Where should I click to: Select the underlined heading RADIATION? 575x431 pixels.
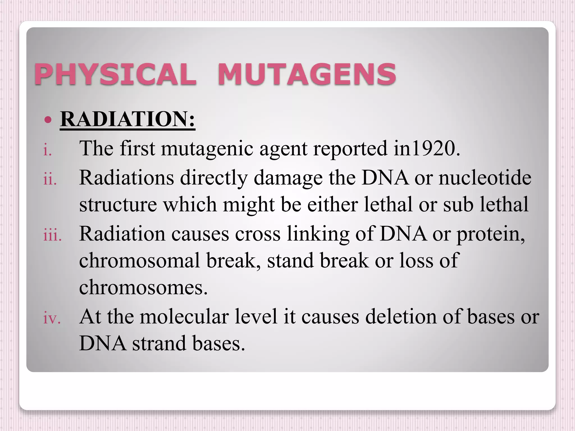127,119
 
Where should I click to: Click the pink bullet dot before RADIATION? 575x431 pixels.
48,120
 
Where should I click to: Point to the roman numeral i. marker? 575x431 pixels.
47,150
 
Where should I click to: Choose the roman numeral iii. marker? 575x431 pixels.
52,235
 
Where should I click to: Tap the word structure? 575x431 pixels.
118,205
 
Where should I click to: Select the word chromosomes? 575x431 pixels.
143,287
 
